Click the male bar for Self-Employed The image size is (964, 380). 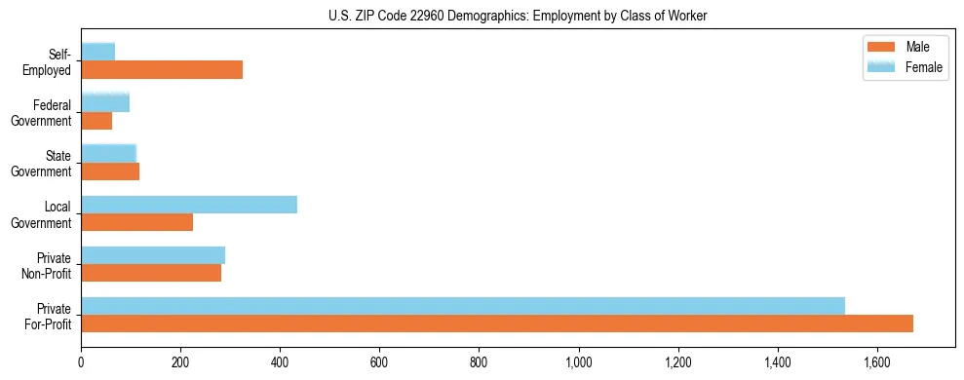162,70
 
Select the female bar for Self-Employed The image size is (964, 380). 98,52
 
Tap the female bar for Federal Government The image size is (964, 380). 105,102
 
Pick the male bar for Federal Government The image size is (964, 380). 96,121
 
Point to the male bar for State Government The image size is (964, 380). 110,171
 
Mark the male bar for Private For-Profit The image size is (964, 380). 497,323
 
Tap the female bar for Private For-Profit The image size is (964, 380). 463,306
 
